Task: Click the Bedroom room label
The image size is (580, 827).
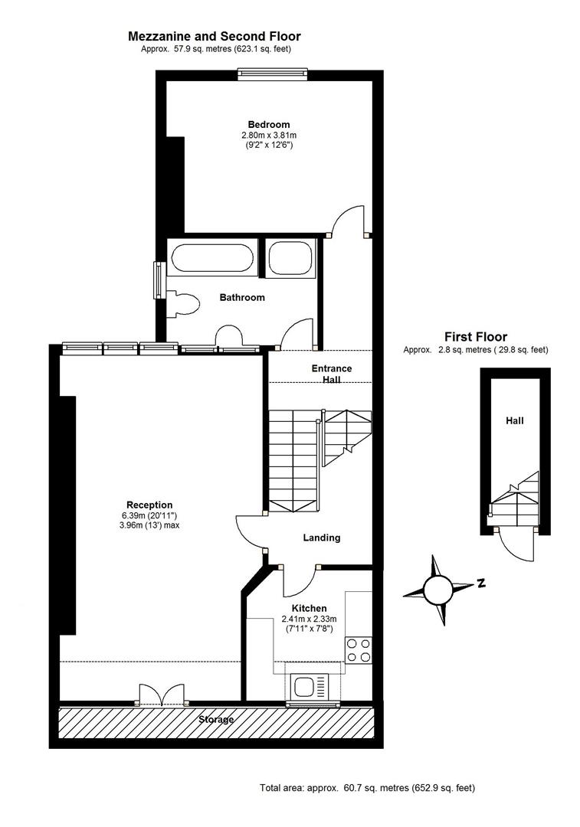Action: pyautogui.click(x=269, y=125)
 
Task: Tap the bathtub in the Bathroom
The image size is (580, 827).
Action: pyautogui.click(x=213, y=258)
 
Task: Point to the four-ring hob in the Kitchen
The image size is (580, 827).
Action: pyautogui.click(x=359, y=650)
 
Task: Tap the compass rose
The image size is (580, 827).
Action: pyautogui.click(x=438, y=590)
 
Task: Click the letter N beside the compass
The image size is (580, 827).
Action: pyautogui.click(x=481, y=583)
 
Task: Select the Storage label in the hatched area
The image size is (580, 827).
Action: pyautogui.click(x=216, y=719)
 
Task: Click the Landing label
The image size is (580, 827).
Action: pyautogui.click(x=321, y=538)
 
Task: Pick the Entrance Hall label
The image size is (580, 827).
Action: pyautogui.click(x=332, y=374)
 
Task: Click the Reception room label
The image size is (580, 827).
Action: pyautogui.click(x=149, y=505)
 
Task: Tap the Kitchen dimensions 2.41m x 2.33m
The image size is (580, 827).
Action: pyautogui.click(x=310, y=619)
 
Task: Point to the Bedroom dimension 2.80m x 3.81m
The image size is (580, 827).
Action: pyautogui.click(x=269, y=135)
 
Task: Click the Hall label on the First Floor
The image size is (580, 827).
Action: pyautogui.click(x=515, y=421)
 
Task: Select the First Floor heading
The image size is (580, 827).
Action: pyautogui.click(x=476, y=336)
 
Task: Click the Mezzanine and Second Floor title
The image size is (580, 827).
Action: pyautogui.click(x=215, y=37)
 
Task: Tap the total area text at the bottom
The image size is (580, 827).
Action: pyautogui.click(x=367, y=788)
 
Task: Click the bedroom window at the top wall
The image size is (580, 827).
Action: pyautogui.click(x=272, y=74)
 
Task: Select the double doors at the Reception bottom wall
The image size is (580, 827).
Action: pyautogui.click(x=162, y=695)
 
